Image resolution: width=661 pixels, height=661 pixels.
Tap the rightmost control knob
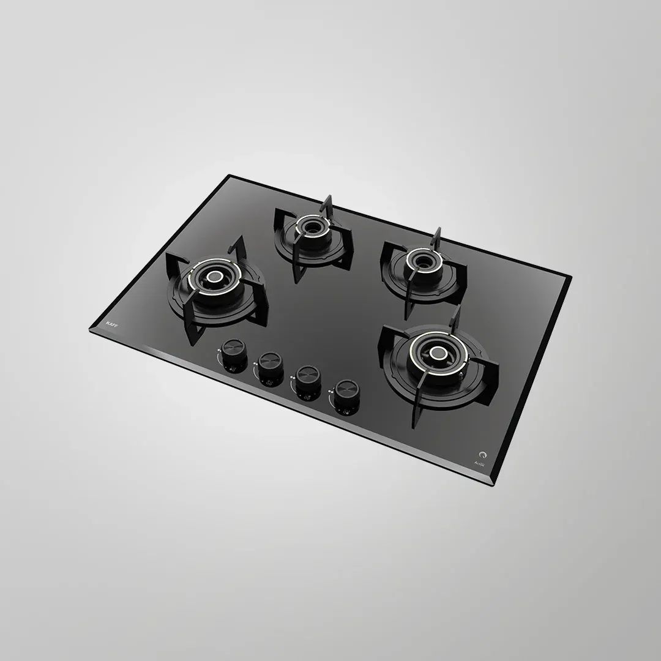(346, 390)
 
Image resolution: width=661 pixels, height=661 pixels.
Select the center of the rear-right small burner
(422, 262)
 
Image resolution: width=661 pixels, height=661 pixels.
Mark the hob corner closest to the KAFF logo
(91, 331)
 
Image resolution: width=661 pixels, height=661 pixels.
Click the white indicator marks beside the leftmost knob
(218, 351)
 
